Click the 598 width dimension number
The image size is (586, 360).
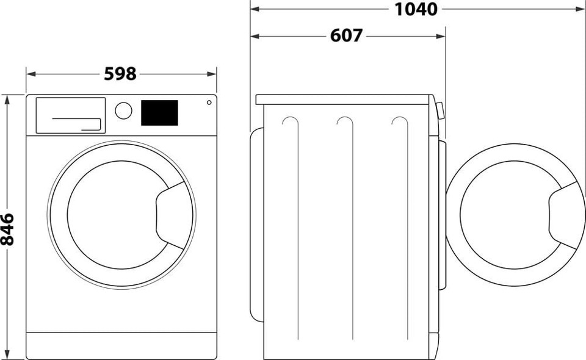pos(120,74)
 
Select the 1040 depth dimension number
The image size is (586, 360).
pos(416,9)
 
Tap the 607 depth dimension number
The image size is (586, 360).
pos(346,36)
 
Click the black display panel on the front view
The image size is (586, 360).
pos(159,113)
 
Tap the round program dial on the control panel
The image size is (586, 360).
pos(123,110)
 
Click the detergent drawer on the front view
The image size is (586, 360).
pos(70,115)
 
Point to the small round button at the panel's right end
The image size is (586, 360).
pos(209,102)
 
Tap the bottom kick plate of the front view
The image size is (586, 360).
pos(121,345)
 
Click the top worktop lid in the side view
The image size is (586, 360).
pos(344,99)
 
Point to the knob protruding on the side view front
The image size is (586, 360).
pos(439,110)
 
